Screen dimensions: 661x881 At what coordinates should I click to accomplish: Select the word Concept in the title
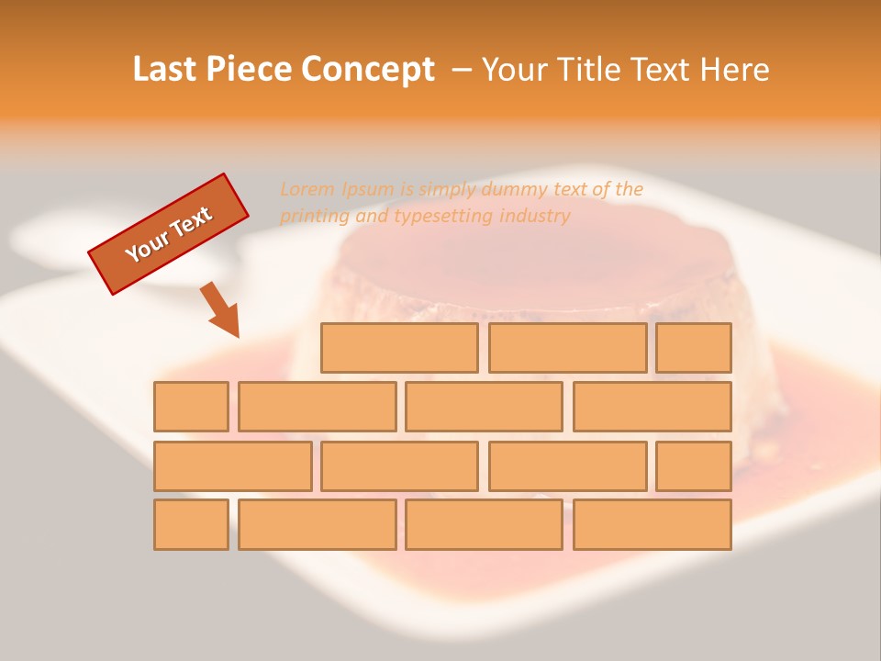point(369,70)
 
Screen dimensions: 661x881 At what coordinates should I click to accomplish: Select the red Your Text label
point(169,234)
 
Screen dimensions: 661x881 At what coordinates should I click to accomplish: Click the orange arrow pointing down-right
point(221,310)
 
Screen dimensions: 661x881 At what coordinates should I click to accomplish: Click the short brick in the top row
point(694,348)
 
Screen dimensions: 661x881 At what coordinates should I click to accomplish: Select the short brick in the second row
point(191,407)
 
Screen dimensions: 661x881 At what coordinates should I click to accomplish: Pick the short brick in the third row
point(694,466)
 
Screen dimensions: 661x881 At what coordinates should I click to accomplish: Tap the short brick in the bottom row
point(191,525)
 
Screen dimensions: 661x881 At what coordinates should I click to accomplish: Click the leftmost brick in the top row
point(399,348)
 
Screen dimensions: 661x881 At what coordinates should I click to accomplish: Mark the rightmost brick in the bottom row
point(652,525)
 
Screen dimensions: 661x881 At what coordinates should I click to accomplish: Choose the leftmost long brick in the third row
point(232,466)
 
